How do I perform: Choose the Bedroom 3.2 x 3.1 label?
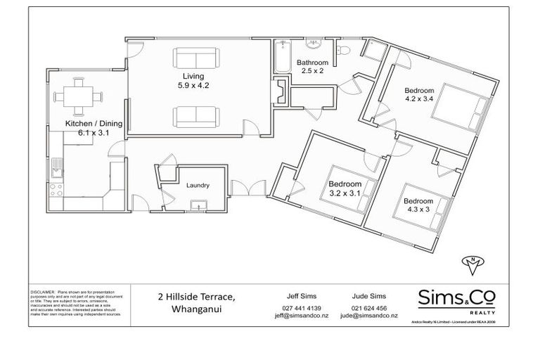point(345,189)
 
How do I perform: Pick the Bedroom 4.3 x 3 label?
point(418,205)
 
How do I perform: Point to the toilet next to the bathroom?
point(344,49)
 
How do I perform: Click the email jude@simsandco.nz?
point(370,316)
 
